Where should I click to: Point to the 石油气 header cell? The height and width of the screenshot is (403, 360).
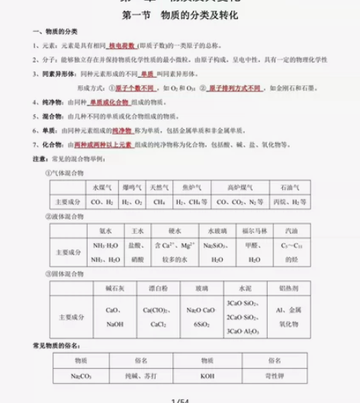[290, 187]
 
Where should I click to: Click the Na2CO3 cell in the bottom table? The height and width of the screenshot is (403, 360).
[79, 376]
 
